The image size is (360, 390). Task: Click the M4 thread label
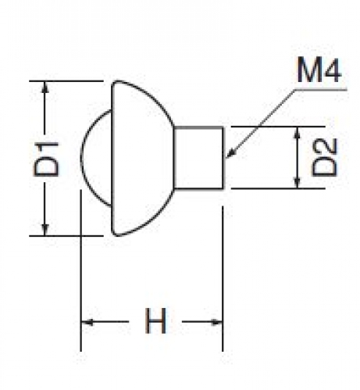(319, 70)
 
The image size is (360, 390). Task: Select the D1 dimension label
(47, 159)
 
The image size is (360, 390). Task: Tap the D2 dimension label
(324, 157)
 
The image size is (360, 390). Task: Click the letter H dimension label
(155, 321)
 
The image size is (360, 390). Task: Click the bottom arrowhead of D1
(45, 230)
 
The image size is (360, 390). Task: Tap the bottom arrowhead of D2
(298, 182)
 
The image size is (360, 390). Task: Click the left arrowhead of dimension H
(87, 322)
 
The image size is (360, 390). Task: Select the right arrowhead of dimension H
(217, 322)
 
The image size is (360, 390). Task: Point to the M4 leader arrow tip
(226, 158)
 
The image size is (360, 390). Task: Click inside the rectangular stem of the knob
(198, 157)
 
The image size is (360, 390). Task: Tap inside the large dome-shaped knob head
(141, 158)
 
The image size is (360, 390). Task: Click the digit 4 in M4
(331, 70)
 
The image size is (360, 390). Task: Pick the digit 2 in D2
(324, 147)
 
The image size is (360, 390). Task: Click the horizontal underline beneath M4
(321, 90)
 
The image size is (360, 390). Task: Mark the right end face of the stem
(223, 157)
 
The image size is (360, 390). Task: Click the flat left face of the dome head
(112, 158)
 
